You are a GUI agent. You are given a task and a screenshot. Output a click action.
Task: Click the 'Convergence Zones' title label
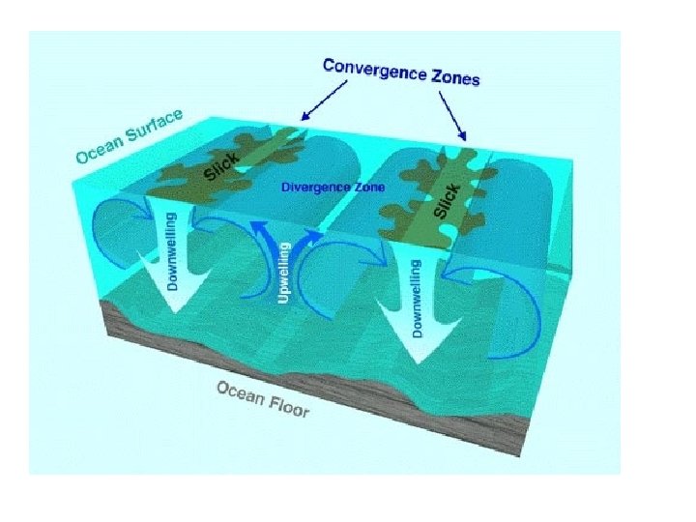(x=401, y=72)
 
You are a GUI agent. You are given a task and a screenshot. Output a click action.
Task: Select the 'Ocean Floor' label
(x=263, y=398)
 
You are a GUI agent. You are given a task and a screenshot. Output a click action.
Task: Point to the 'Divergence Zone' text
(x=333, y=187)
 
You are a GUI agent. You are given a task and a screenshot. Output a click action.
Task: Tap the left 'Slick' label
(x=221, y=166)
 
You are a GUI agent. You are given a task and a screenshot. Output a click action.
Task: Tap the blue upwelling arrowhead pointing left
(x=259, y=228)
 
